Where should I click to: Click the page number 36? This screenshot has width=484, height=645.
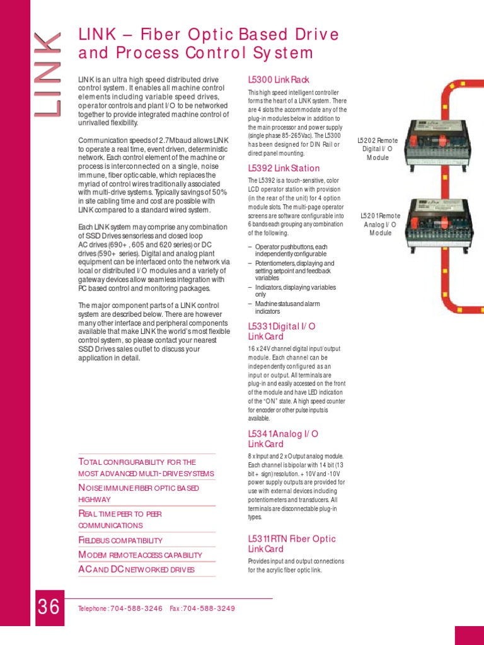tap(49, 608)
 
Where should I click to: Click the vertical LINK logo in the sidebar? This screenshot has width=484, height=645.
tap(49, 74)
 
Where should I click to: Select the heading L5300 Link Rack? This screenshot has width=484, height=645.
tap(279, 80)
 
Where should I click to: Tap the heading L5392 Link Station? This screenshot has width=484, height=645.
tap(284, 168)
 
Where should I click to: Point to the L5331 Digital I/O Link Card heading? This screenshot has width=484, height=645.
tap(282, 331)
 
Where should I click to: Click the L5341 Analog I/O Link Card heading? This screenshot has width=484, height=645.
tap(283, 439)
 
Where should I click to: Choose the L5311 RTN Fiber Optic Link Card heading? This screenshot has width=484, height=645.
tap(292, 544)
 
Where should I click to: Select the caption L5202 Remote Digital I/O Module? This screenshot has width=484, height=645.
tap(377, 149)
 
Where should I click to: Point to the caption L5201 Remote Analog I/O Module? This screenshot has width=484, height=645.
tap(380, 224)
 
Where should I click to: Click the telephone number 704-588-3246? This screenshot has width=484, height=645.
tap(136, 608)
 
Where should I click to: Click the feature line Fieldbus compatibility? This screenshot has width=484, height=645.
tap(120, 540)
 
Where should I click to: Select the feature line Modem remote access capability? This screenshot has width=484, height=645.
tap(140, 555)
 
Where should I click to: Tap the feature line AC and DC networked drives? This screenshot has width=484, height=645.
tap(136, 570)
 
